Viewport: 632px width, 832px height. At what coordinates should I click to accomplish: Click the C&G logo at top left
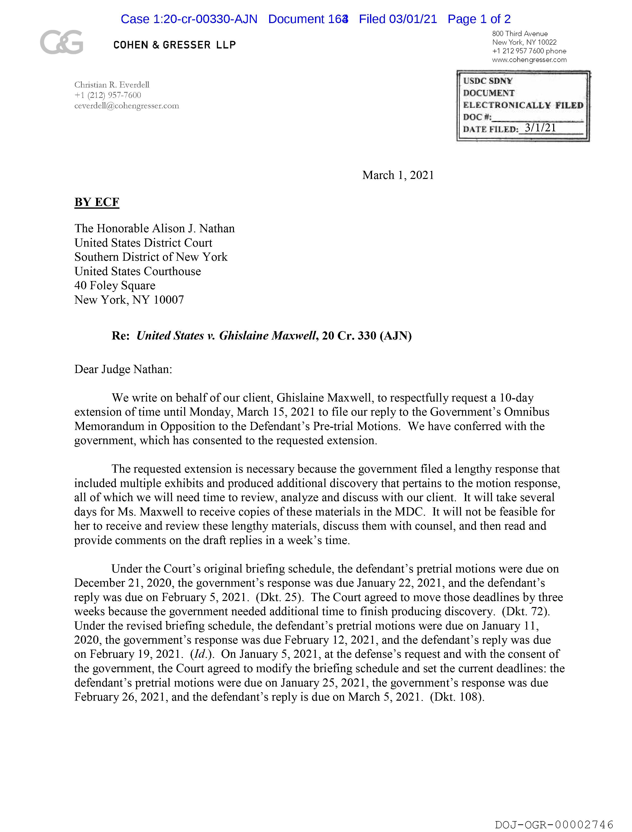click(61, 42)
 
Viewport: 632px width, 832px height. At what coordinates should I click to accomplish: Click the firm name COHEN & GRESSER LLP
click(174, 45)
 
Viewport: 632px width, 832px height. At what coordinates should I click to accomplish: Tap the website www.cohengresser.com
click(529, 60)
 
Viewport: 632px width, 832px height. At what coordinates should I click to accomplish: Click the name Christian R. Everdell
click(112, 85)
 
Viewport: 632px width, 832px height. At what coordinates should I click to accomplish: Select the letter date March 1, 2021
click(398, 175)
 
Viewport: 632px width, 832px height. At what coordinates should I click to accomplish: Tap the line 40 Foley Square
click(115, 286)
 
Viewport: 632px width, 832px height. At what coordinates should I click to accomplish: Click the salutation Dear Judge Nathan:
click(123, 369)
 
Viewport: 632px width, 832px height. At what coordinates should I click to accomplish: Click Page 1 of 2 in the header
click(479, 19)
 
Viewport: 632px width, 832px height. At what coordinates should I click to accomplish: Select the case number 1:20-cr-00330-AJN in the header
click(205, 19)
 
